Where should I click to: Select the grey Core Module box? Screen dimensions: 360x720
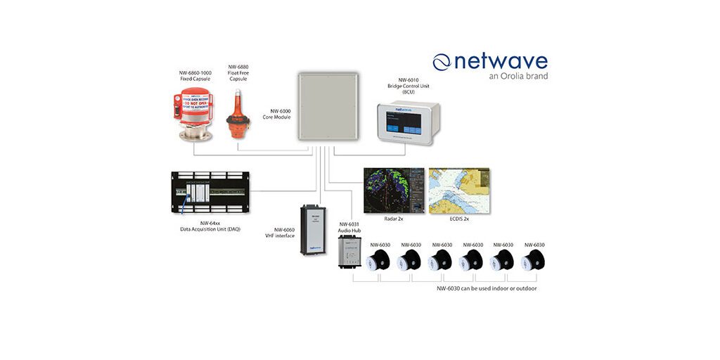pos(328,108)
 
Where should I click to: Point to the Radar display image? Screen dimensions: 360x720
pos(394,190)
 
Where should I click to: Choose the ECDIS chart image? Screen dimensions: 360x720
pos(458,190)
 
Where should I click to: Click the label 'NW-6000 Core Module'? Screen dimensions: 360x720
pos(276,114)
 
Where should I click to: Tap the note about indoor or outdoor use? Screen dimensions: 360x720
pos(487,288)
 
